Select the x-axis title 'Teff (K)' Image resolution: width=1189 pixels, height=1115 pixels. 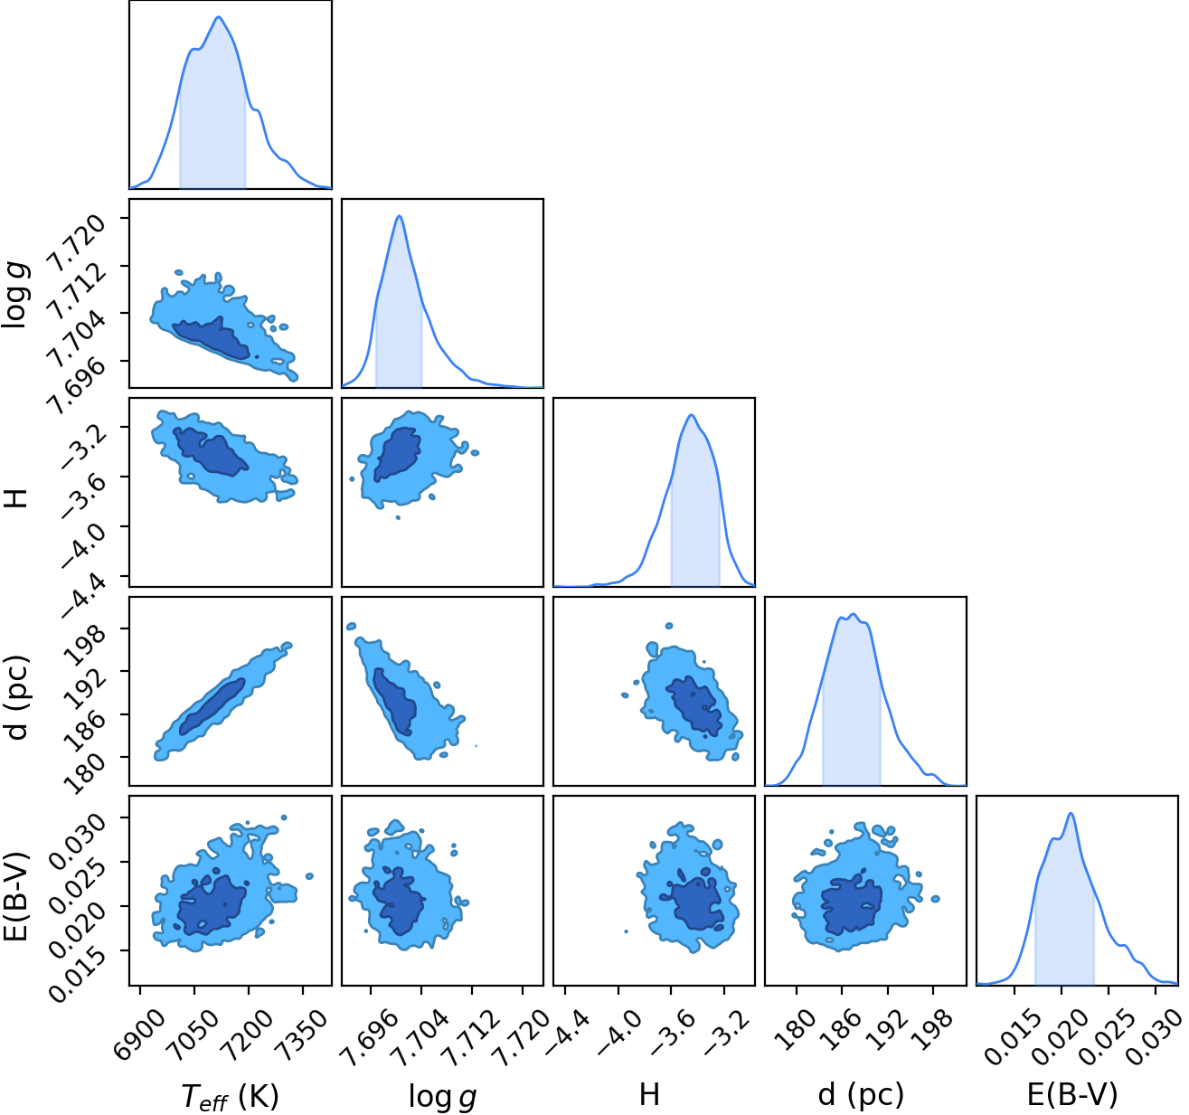click(230, 1096)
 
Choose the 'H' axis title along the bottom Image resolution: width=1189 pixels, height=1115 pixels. click(649, 1095)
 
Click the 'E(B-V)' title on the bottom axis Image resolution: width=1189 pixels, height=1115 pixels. click(1072, 1095)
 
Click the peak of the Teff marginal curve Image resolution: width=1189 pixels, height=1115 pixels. click(219, 17)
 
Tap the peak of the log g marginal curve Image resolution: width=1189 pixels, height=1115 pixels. click(400, 216)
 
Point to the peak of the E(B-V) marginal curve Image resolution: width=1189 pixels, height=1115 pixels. click(1071, 813)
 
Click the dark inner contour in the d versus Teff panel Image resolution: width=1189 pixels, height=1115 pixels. click(212, 706)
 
